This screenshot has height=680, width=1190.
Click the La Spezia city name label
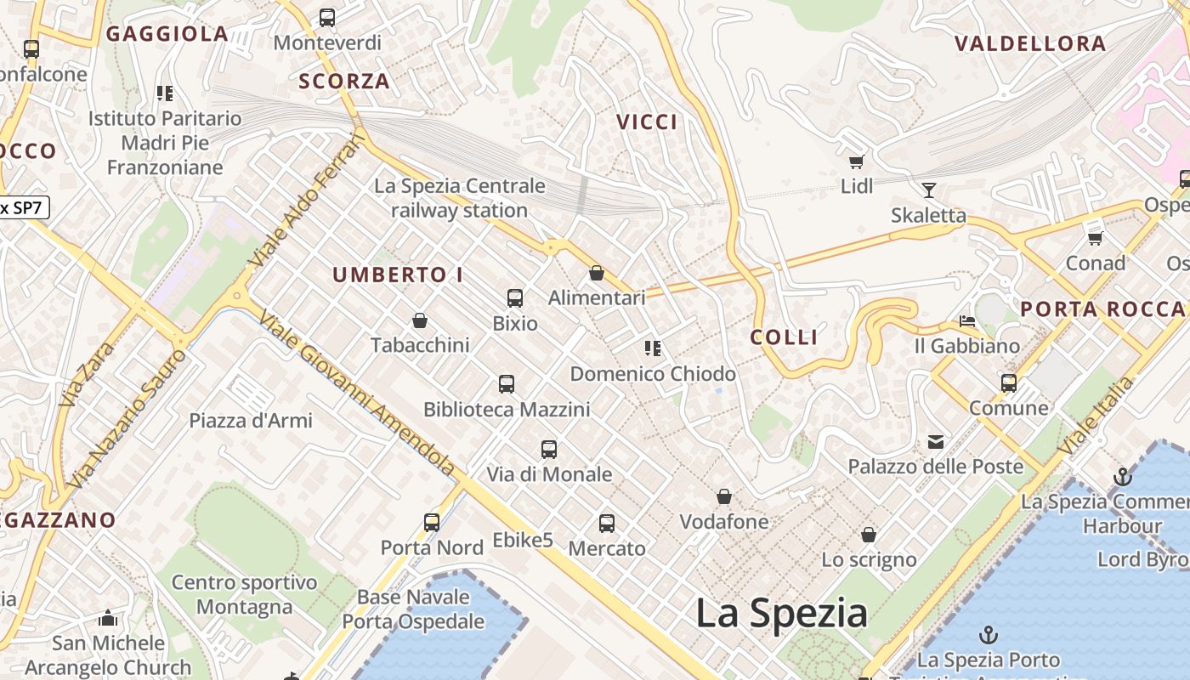tap(781, 613)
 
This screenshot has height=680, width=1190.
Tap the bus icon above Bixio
tap(514, 298)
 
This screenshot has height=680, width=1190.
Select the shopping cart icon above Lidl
tap(856, 161)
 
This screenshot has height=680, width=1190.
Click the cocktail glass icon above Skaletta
tap(928, 190)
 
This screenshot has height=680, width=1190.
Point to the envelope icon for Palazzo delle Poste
tap(936, 441)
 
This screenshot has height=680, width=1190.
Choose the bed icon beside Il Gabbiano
tap(967, 321)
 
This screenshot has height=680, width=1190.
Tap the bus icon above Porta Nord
tap(432, 522)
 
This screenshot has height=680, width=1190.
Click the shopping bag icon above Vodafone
tap(724, 496)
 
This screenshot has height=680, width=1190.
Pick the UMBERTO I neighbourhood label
tap(398, 275)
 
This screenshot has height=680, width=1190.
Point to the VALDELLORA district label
tap(1030, 44)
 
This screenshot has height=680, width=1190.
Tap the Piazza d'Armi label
tap(251, 420)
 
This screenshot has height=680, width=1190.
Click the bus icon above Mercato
tap(607, 524)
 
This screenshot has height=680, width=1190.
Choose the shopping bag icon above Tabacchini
tap(419, 320)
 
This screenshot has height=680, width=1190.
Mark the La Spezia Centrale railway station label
tap(460, 198)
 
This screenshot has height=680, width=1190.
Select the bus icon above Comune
tap(1009, 383)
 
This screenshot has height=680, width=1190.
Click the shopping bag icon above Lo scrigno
tap(869, 535)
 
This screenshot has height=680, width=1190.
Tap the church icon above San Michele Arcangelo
tap(108, 618)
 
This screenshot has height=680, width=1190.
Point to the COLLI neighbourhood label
tap(784, 337)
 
